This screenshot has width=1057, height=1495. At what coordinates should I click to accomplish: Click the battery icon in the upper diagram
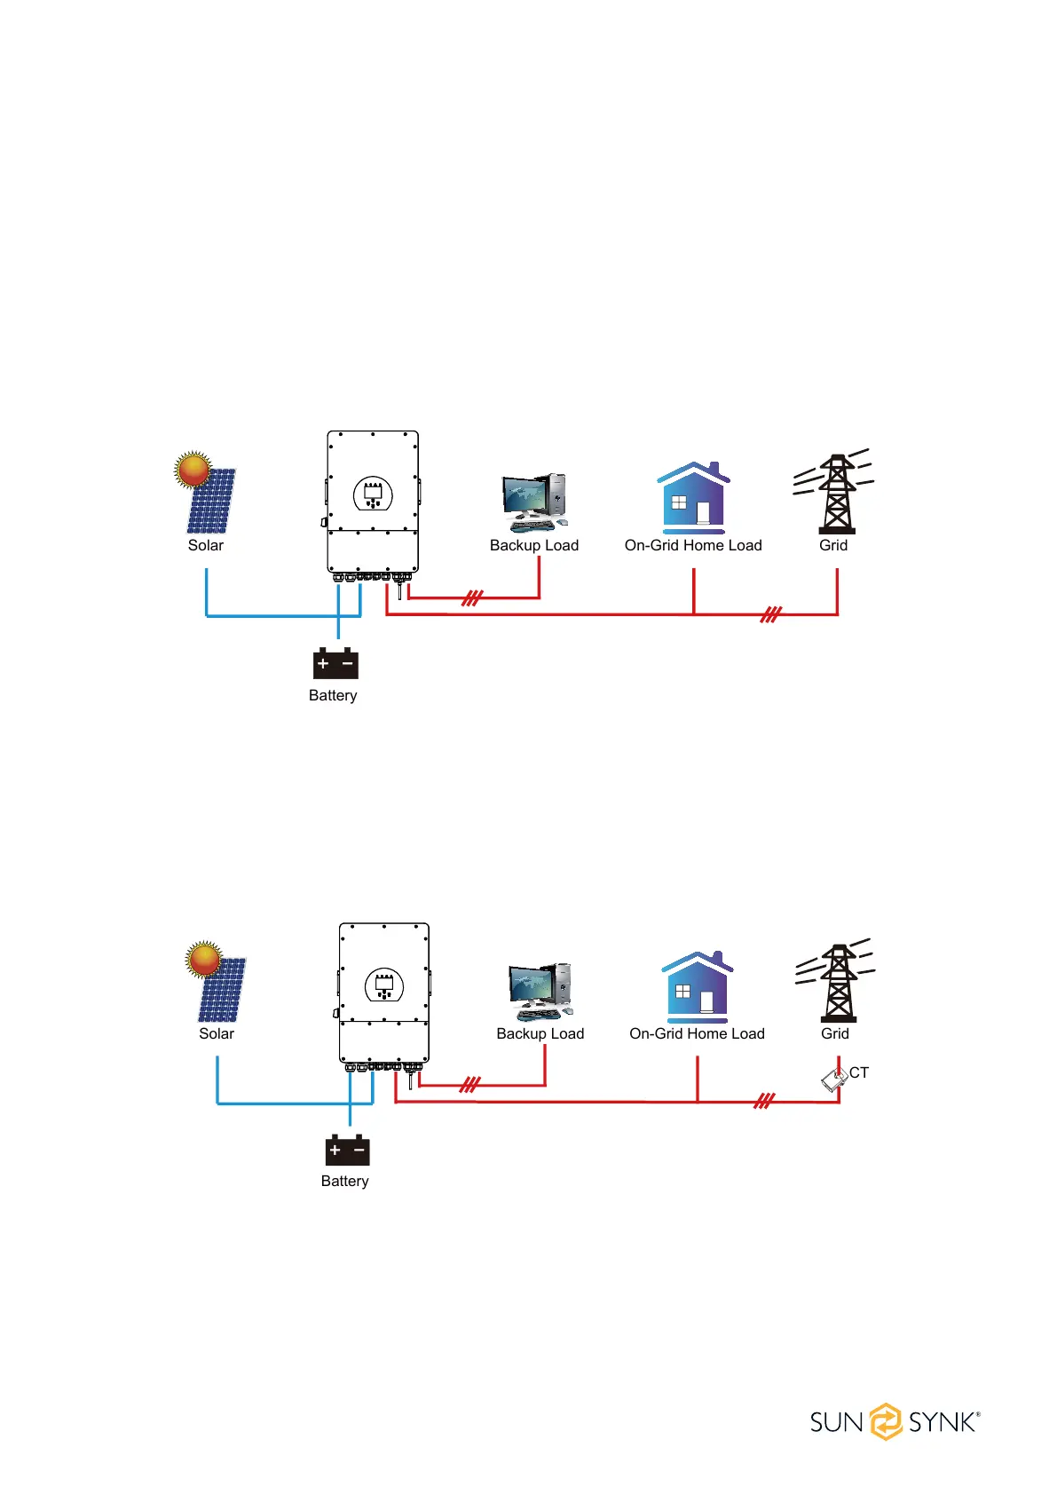click(x=335, y=663)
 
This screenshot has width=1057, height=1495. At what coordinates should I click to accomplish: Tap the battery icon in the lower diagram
click(x=347, y=1150)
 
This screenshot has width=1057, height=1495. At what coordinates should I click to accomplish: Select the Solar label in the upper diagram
click(x=206, y=545)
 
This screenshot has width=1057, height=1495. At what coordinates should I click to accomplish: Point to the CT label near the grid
click(x=859, y=1072)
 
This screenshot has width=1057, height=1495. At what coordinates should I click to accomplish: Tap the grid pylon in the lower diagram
click(x=837, y=983)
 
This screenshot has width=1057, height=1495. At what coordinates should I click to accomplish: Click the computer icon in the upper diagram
click(x=534, y=502)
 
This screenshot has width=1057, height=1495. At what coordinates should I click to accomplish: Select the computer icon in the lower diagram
click(x=540, y=992)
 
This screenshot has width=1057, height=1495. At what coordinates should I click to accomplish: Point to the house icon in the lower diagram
click(x=698, y=986)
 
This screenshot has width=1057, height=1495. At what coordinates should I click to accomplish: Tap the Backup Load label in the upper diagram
click(x=534, y=545)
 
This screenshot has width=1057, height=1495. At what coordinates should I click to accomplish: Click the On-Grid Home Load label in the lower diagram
click(x=697, y=1033)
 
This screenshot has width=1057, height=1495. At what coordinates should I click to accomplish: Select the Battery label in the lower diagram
click(x=344, y=1181)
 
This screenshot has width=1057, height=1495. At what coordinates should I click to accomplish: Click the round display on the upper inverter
click(x=373, y=494)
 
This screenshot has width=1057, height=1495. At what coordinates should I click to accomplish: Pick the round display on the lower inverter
click(x=384, y=985)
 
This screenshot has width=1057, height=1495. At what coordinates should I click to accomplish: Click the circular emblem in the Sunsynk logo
click(x=885, y=1421)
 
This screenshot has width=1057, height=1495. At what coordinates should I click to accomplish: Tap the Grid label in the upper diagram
click(x=833, y=545)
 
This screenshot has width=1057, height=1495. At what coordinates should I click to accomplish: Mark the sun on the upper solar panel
click(x=193, y=469)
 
